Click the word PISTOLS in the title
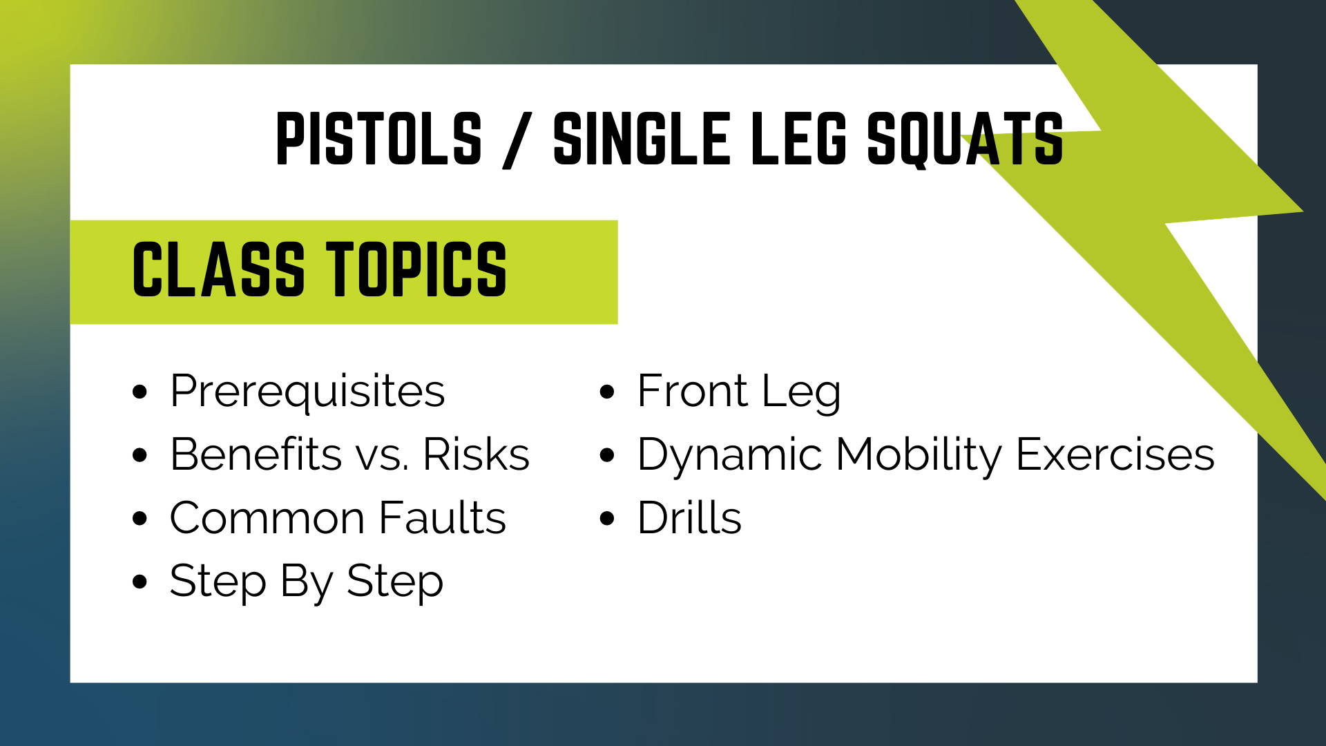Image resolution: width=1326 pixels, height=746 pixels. tap(378, 139)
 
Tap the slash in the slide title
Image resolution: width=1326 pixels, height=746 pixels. tap(517, 141)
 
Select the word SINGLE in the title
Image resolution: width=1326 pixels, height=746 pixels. tap(642, 139)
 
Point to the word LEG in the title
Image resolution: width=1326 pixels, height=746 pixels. tap(798, 139)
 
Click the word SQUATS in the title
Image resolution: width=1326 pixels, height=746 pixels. tap(965, 140)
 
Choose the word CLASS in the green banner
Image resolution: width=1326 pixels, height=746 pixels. tap(218, 270)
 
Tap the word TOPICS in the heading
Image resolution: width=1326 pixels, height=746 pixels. tap(416, 270)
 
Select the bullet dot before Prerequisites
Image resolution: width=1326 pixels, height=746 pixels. tap(140, 392)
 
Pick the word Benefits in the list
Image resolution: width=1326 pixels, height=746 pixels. tap(256, 455)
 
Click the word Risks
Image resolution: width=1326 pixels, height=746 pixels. tap(476, 455)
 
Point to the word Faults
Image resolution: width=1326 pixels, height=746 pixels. tap(443, 518)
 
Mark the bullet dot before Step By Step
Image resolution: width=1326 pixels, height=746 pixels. tap(140, 582)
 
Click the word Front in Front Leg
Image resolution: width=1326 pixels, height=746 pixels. tap(693, 391)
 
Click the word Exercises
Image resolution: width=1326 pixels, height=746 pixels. tap(1115, 455)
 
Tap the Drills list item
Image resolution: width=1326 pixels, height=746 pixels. tap(689, 518)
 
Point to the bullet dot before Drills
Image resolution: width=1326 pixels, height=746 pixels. tap(607, 518)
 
